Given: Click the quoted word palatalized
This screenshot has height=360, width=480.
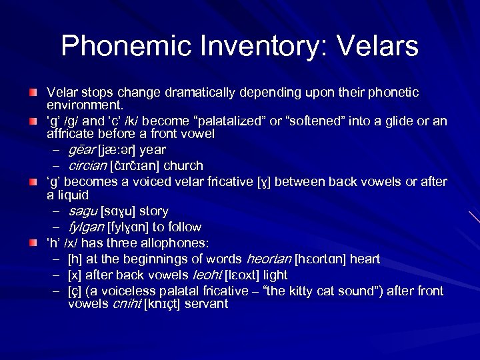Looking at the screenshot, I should pos(233,121).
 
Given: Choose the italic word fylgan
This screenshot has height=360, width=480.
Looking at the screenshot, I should pos(87,227).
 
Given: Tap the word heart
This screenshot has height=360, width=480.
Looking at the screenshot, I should pos(366,258).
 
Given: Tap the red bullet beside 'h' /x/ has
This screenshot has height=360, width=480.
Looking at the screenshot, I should pos(32,242).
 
